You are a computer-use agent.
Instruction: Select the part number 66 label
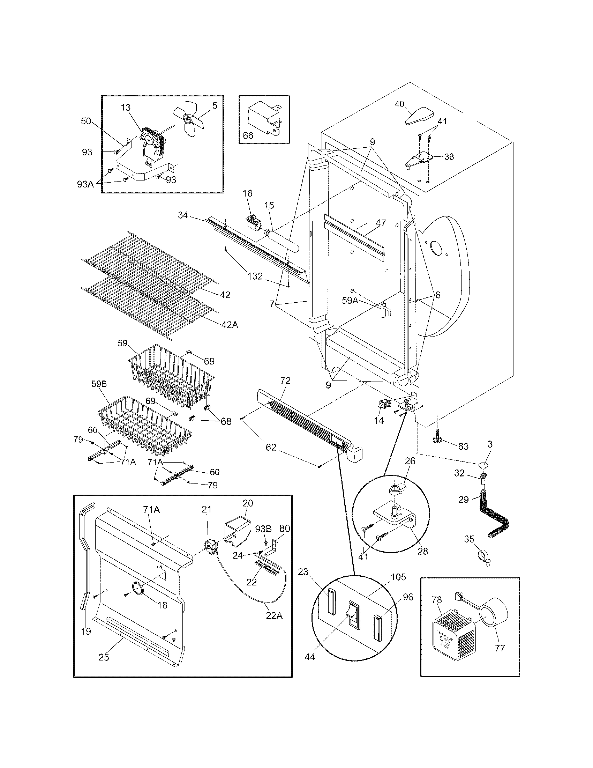(248, 135)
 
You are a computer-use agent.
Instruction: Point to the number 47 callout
(381, 223)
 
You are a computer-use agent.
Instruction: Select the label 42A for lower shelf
(230, 325)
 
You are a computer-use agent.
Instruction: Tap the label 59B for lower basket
(99, 384)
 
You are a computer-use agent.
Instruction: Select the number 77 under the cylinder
(500, 648)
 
